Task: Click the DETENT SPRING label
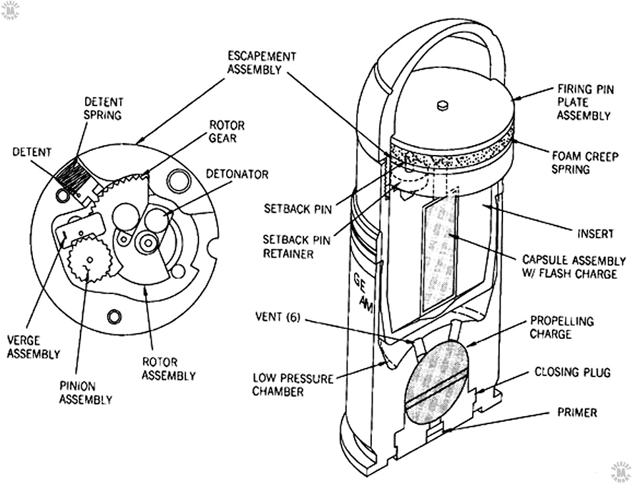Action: coord(103,108)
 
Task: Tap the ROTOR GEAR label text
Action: coord(226,132)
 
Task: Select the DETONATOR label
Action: coord(237,174)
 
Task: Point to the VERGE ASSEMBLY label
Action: coord(34,348)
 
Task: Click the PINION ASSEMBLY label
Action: coord(86,393)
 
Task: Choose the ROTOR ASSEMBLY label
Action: coord(168,369)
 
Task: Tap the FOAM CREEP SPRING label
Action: coord(585,162)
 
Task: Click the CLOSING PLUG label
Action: coord(572,372)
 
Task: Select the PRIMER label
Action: coord(577,413)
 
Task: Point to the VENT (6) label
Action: coord(278,318)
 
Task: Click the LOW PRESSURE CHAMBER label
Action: coord(293,384)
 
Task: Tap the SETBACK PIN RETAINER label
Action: coord(296,247)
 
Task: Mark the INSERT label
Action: coord(595,233)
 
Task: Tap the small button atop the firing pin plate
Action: coord(442,105)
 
